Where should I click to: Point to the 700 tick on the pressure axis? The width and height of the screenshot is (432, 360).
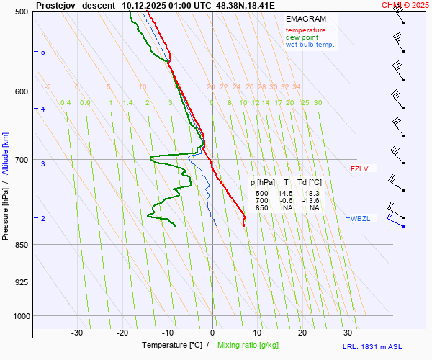21,159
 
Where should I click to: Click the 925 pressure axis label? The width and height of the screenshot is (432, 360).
21,282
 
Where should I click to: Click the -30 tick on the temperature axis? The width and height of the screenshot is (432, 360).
77,333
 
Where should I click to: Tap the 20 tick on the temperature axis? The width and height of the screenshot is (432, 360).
302,333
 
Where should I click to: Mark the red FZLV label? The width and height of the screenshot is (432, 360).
359,169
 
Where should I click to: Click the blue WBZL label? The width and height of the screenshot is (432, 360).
360,219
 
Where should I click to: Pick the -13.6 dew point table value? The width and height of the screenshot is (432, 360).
310,201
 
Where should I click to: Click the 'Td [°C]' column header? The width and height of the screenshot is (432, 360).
310,183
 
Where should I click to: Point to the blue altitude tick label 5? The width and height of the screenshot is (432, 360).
43,53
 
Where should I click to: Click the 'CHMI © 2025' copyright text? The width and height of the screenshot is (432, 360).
407,4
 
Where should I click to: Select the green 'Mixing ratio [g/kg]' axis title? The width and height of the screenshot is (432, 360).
248,346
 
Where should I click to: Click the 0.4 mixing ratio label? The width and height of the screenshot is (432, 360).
66,103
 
